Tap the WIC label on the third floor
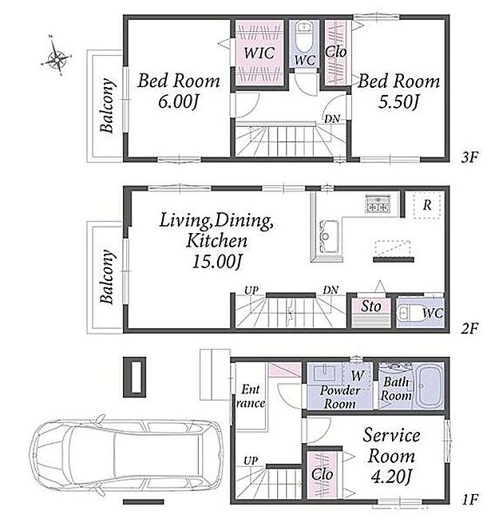click(259, 53)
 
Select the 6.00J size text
click(178, 101)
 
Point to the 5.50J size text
click(398, 101)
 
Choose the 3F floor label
click(469, 157)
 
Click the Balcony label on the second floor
click(107, 277)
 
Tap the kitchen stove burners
click(378, 204)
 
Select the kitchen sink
click(329, 236)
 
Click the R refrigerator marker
click(427, 205)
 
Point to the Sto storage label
click(370, 306)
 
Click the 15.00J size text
click(216, 261)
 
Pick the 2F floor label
click(469, 329)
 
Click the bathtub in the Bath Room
click(430, 386)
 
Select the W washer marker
click(358, 375)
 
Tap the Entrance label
click(251, 396)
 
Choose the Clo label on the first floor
click(322, 474)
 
